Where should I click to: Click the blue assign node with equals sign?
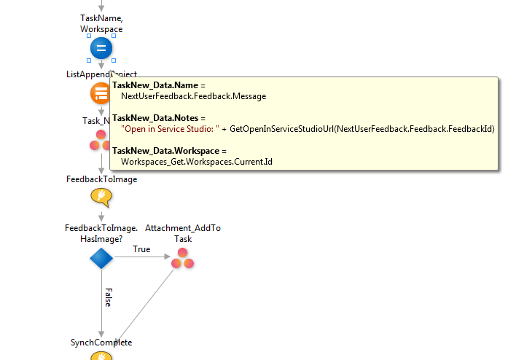pyautogui.click(x=101, y=49)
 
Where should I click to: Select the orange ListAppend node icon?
pyautogui.click(x=101, y=93)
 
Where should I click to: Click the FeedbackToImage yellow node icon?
pyautogui.click(x=101, y=197)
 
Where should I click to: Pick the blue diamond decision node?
pyautogui.click(x=101, y=258)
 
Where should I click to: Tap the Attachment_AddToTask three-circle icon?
pyautogui.click(x=182, y=258)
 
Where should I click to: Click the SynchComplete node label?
pyautogui.click(x=101, y=342)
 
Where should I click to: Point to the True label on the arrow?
pyautogui.click(x=141, y=249)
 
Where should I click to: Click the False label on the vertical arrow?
pyautogui.click(x=106, y=297)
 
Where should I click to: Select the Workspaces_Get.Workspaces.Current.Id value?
pyautogui.click(x=196, y=161)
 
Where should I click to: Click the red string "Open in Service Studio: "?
pyautogui.click(x=172, y=129)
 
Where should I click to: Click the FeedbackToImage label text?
pyautogui.click(x=101, y=179)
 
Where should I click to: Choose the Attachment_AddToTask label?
pyautogui.click(x=182, y=233)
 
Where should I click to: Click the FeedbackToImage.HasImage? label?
pyautogui.click(x=101, y=233)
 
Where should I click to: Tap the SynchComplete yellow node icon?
pyautogui.click(x=101, y=356)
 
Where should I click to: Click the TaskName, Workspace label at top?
pyautogui.click(x=101, y=23)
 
